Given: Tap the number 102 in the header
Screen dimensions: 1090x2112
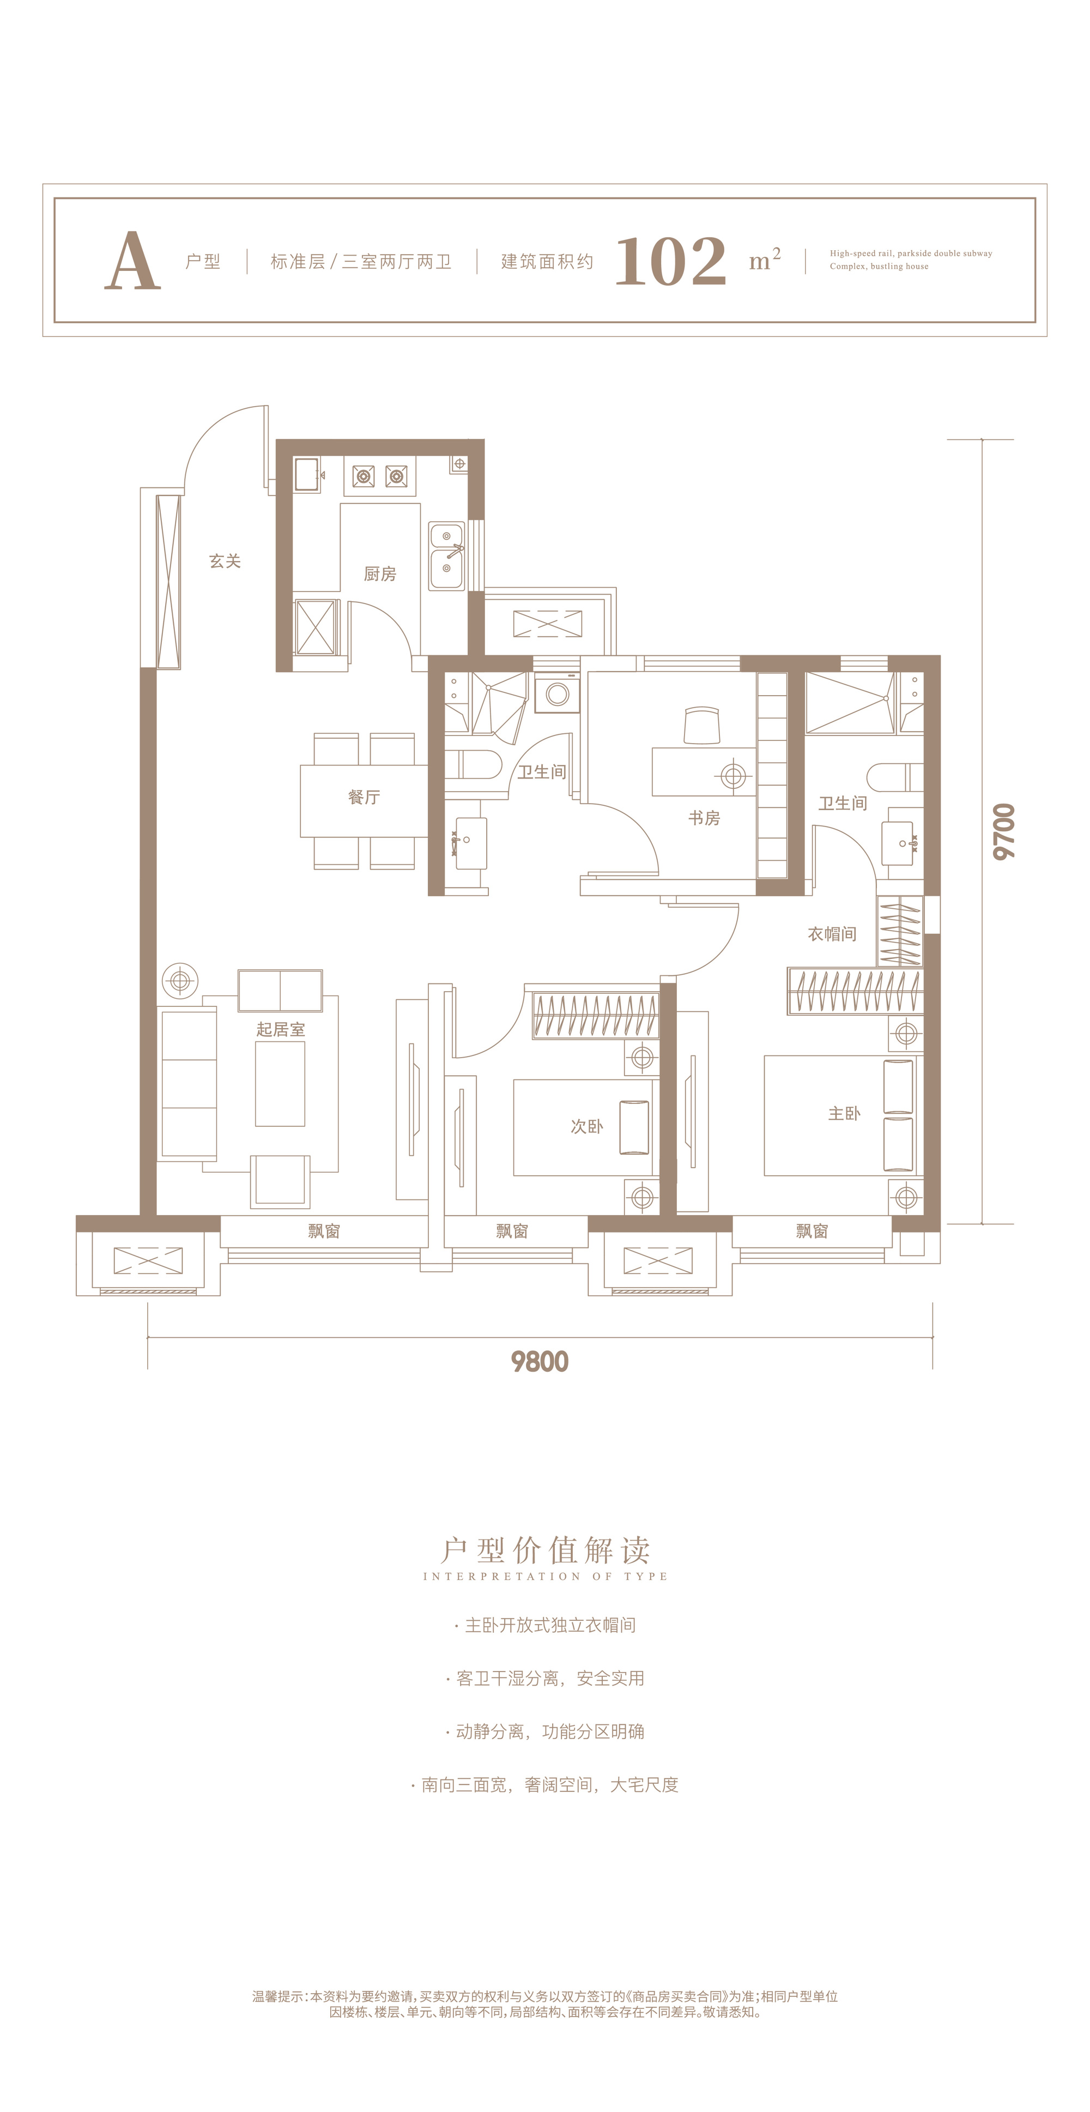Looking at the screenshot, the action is (x=670, y=262).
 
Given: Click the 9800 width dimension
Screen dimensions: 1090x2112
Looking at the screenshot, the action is (x=539, y=1362).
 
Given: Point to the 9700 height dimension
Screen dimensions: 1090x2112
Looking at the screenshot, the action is (x=1004, y=831).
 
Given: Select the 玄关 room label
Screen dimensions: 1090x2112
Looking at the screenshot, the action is (x=225, y=562).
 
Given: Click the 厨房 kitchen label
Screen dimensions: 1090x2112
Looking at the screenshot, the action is (x=379, y=574).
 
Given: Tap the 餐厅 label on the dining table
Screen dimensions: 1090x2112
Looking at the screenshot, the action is (x=364, y=797).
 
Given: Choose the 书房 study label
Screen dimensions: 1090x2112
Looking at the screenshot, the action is (x=704, y=818).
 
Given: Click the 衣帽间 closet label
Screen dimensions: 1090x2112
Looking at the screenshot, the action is (x=832, y=934).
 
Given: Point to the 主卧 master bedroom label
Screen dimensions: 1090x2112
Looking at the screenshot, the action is (x=844, y=1113).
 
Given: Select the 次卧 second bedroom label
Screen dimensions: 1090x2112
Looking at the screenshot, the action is (x=587, y=1126).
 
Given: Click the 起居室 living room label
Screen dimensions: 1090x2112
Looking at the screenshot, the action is (x=280, y=1030).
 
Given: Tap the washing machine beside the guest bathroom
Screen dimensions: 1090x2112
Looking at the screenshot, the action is (x=558, y=693).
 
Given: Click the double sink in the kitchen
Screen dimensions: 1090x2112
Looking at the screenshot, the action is (x=447, y=557).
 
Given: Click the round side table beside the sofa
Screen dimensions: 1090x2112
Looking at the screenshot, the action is (x=180, y=981).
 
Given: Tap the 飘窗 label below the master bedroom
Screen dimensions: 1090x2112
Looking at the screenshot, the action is (x=812, y=1232).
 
